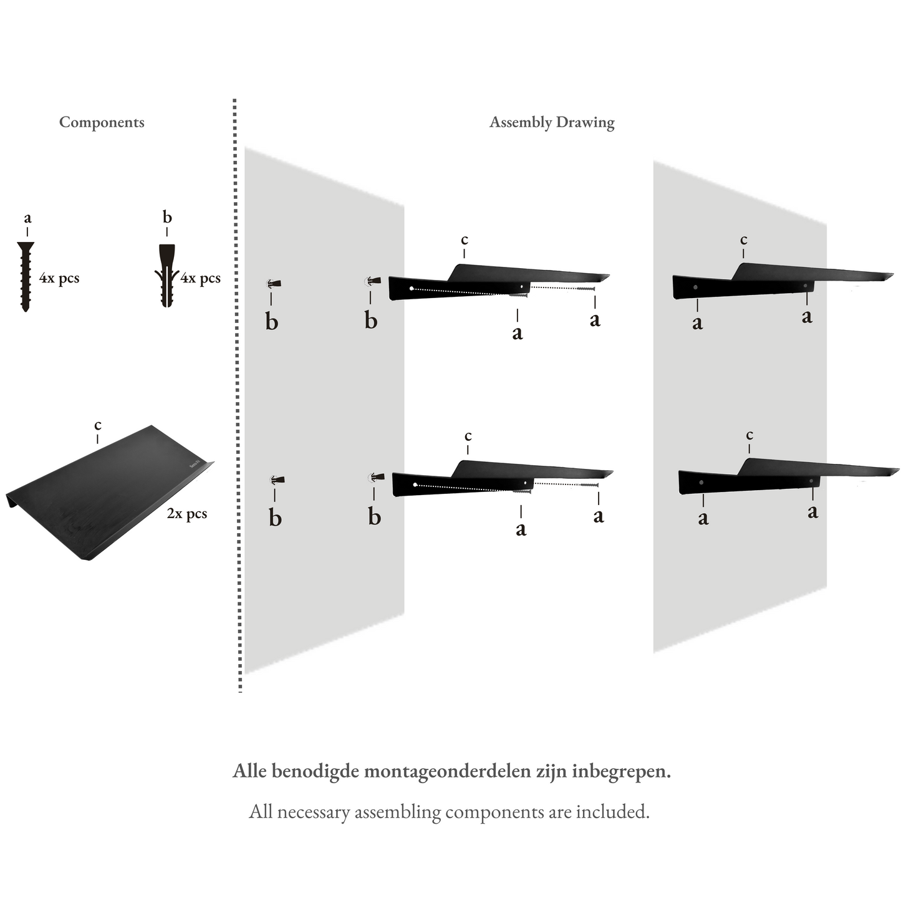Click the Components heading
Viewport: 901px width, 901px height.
[102, 122]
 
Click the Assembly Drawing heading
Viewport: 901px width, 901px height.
[552, 122]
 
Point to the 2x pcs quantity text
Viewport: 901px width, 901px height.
[186, 514]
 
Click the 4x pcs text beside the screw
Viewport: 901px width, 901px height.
[59, 278]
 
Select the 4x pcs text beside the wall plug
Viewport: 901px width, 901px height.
[200, 278]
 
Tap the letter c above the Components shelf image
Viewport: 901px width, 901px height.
[98, 425]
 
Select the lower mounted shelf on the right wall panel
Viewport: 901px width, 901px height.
[786, 478]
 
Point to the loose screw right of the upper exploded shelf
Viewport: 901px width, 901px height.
[586, 288]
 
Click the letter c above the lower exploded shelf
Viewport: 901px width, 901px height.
[468, 436]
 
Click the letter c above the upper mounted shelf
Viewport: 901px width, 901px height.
[743, 240]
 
